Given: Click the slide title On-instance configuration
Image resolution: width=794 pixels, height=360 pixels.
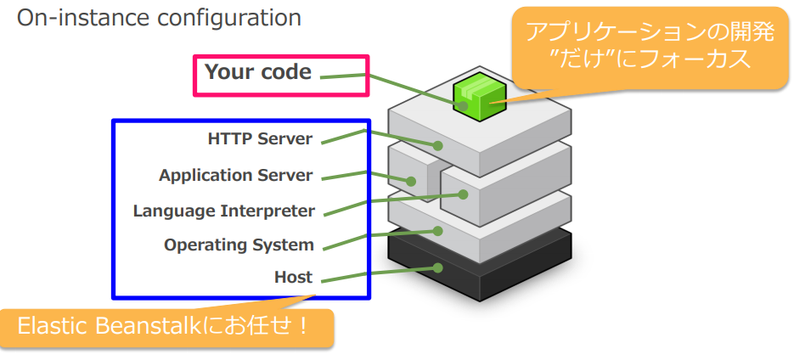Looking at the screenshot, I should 159,18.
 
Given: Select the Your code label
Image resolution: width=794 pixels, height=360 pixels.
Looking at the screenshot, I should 258,72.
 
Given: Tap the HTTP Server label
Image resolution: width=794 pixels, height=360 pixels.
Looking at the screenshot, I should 260,138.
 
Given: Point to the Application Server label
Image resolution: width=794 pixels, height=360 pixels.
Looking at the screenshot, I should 235,176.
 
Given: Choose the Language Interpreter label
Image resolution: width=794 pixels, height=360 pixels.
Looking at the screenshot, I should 223,211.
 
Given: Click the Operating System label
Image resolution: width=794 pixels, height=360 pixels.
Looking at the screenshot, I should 239,245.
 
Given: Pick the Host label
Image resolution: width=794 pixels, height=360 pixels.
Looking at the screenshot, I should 293,277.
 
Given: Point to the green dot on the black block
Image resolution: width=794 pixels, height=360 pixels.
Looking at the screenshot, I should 438,267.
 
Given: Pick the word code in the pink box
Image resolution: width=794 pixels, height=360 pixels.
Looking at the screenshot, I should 285,72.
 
